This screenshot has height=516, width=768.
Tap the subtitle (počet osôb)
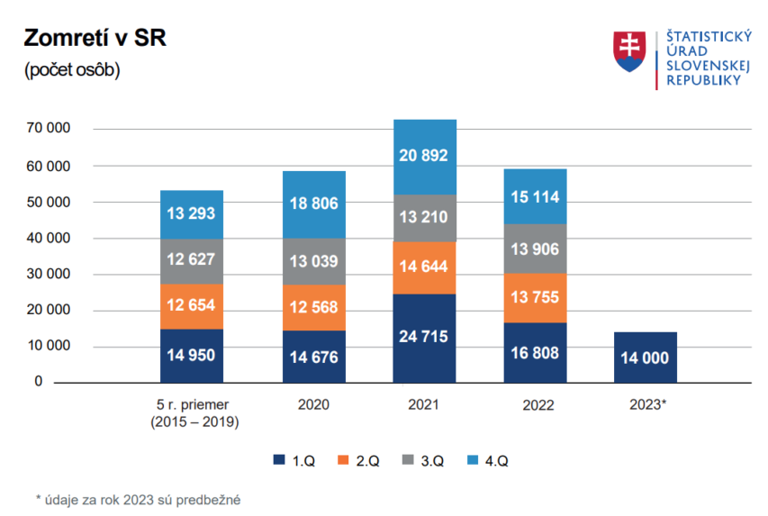[72, 70]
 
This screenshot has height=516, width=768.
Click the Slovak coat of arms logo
[629, 51]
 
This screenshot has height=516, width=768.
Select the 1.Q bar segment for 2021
[425, 338]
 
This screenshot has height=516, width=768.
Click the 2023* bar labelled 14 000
[644, 357]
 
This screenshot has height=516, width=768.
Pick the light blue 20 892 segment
[425, 157]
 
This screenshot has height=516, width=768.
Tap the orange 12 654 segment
[191, 306]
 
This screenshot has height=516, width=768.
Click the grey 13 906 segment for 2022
[535, 249]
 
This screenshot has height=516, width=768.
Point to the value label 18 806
[314, 204]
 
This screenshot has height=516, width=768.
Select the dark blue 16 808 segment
[535, 352]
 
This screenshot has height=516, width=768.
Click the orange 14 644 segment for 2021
[425, 267]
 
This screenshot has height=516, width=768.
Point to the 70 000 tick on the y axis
[50, 130]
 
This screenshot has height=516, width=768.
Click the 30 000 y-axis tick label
[50, 275]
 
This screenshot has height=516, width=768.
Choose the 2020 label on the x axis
[313, 404]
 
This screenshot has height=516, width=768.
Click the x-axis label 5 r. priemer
[191, 404]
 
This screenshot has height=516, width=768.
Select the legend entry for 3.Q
[423, 461]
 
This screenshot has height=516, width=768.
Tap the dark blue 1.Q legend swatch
[279, 461]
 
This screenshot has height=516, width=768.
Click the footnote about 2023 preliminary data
[139, 498]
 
